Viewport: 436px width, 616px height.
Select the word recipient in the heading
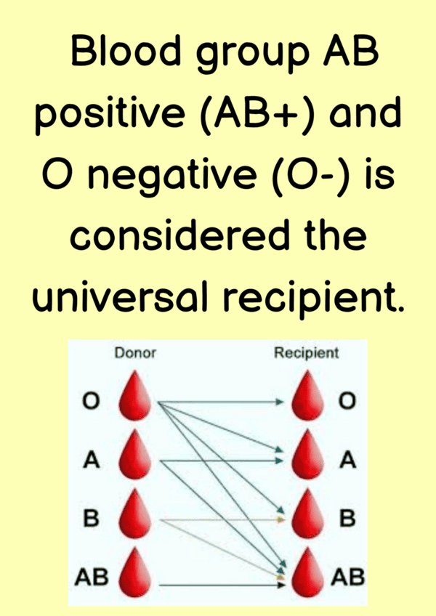pyautogui.click(x=313, y=299)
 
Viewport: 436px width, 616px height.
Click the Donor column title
pyautogui.click(x=135, y=353)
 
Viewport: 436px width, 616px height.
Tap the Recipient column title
pyautogui.click(x=306, y=353)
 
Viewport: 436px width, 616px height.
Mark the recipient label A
pyautogui.click(x=348, y=459)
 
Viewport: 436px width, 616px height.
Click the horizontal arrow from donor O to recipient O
pyautogui.click(x=221, y=402)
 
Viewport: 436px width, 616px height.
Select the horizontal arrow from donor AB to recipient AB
pyautogui.click(x=222, y=585)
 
